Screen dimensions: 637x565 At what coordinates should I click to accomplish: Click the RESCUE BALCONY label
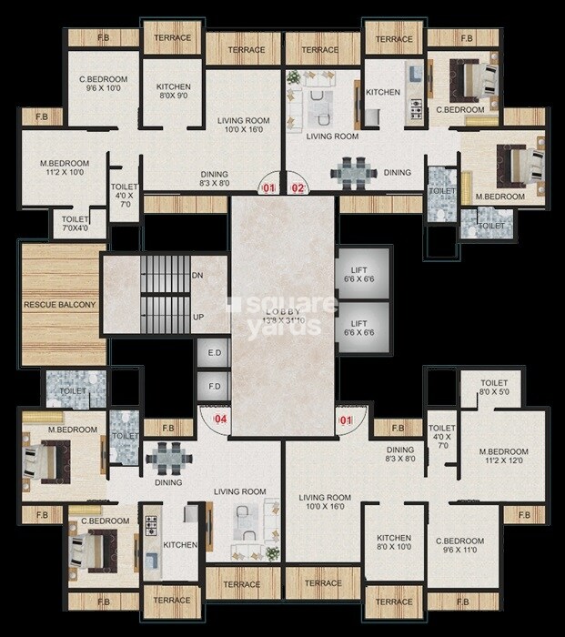(59, 304)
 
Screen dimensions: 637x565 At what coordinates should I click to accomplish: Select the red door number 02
(298, 188)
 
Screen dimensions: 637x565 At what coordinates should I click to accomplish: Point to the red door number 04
(219, 420)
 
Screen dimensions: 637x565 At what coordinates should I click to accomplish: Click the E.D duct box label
(215, 353)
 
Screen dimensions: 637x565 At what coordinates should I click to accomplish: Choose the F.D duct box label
(215, 386)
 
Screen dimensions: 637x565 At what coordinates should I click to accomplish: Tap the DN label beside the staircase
(197, 274)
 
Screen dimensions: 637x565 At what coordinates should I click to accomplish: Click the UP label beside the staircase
(197, 318)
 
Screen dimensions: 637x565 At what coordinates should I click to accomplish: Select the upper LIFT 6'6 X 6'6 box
(358, 275)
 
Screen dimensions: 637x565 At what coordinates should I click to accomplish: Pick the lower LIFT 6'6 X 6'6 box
(358, 329)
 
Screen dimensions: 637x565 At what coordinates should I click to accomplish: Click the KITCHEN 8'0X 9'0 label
(173, 92)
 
